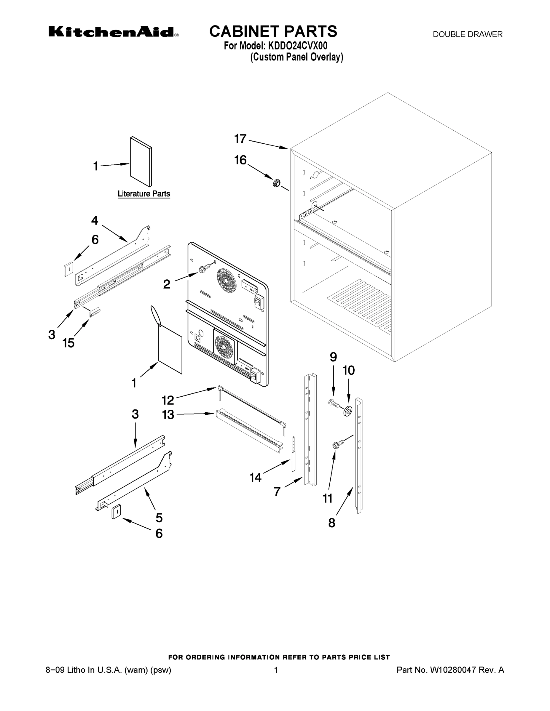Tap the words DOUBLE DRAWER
pyautogui.click(x=467, y=34)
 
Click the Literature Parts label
pyautogui.click(x=144, y=194)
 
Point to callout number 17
pyautogui.click(x=240, y=139)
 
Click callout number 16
pyautogui.click(x=240, y=160)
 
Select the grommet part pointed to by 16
pyautogui.click(x=277, y=183)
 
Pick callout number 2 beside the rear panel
pyautogui.click(x=167, y=284)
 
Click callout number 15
pyautogui.click(x=69, y=343)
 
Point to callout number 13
pyautogui.click(x=168, y=415)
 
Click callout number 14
pyautogui.click(x=256, y=478)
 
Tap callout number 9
pyautogui.click(x=333, y=357)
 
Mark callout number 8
pyautogui.click(x=332, y=523)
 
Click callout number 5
pyautogui.click(x=159, y=518)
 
